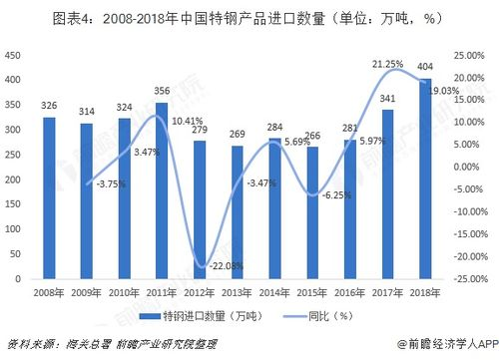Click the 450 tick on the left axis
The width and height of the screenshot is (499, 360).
(14, 55)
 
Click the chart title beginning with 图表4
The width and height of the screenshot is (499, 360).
(249, 17)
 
